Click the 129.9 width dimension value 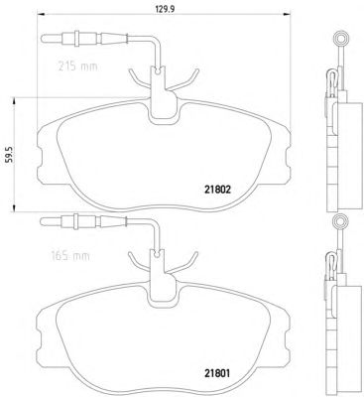[165, 9]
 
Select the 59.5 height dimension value [9, 154]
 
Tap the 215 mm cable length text [78, 66]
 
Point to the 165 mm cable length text [70, 256]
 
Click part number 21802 [216, 190]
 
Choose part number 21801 [216, 373]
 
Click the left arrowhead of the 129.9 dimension [40, 15]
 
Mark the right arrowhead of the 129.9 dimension [287, 15]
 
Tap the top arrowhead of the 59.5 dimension [14, 101]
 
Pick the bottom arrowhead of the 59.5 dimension [14, 207]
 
